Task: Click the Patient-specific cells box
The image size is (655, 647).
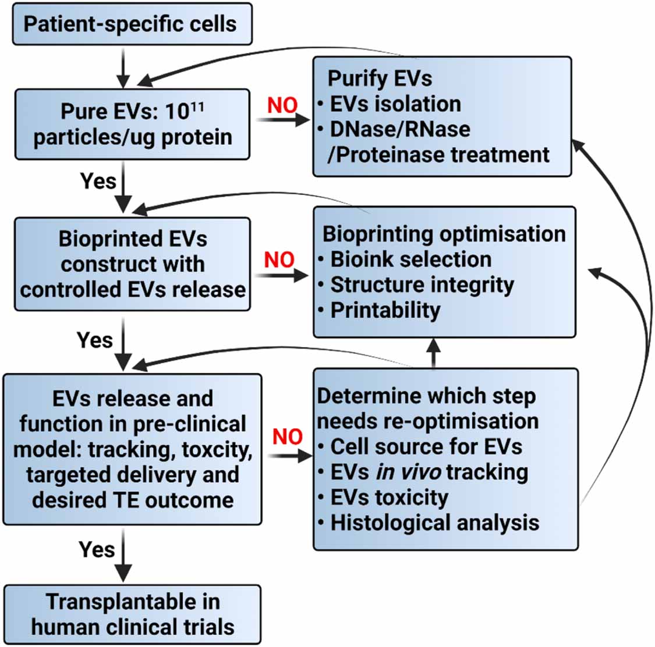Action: [x=132, y=24]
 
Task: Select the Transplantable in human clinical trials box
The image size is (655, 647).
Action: [x=132, y=614]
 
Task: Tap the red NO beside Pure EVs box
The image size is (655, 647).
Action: [x=282, y=105]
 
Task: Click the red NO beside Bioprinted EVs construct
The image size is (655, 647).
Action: [x=279, y=259]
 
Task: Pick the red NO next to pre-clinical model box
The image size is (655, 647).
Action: [x=288, y=436]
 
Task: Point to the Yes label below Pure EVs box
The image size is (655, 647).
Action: [x=98, y=181]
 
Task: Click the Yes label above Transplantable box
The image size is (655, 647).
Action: [x=97, y=549]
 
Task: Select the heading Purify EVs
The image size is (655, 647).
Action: [x=380, y=78]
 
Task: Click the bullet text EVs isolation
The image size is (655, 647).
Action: [x=395, y=104]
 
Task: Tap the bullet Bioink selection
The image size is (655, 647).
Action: [x=410, y=259]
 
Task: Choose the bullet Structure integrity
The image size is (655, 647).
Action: [x=422, y=285]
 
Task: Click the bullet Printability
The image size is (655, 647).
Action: [x=385, y=310]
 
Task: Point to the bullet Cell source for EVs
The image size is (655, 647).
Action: [x=426, y=446]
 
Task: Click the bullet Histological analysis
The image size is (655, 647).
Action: [x=434, y=522]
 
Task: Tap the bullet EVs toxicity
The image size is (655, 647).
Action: [x=389, y=497]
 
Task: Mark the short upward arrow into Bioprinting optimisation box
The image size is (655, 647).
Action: [x=434, y=353]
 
